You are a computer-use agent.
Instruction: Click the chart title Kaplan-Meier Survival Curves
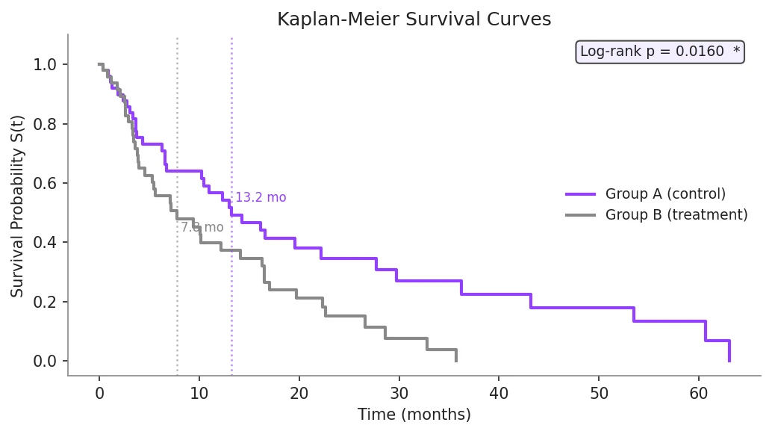click(414, 19)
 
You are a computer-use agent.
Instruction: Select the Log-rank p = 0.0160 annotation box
click(660, 52)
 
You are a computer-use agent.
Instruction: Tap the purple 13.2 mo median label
click(261, 198)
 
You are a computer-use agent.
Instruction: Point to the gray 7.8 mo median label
click(202, 228)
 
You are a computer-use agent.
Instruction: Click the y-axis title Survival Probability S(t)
click(17, 205)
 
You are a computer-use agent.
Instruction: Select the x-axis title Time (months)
click(414, 415)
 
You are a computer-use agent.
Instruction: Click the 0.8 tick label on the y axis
click(45, 124)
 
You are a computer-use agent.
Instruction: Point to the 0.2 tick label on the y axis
click(45, 302)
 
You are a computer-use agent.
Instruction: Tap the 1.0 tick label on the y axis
click(45, 65)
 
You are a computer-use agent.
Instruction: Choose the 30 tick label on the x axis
click(399, 393)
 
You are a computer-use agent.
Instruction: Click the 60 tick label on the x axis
click(698, 393)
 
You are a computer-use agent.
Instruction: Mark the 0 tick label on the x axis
click(99, 393)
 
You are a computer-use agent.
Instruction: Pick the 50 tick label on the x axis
click(598, 393)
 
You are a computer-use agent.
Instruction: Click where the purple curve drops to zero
click(729, 360)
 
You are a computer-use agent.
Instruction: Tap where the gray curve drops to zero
click(455, 360)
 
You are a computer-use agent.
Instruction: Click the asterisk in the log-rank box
click(736, 52)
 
